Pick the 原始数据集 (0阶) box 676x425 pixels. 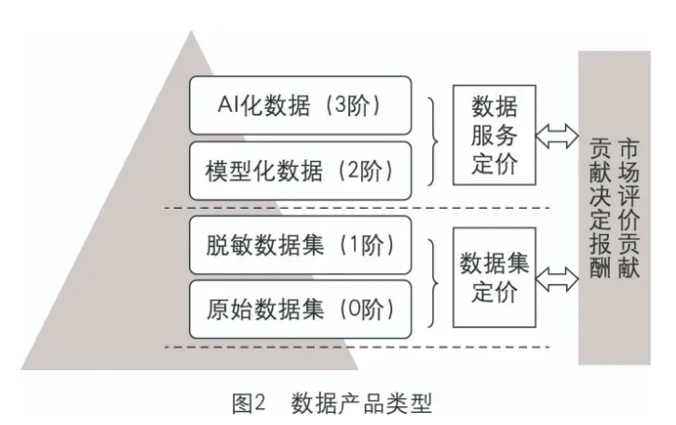tap(299, 308)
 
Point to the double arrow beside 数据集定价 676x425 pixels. tap(559, 276)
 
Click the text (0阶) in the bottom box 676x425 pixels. tap(366, 309)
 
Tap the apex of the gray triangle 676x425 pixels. tap(194, 33)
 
